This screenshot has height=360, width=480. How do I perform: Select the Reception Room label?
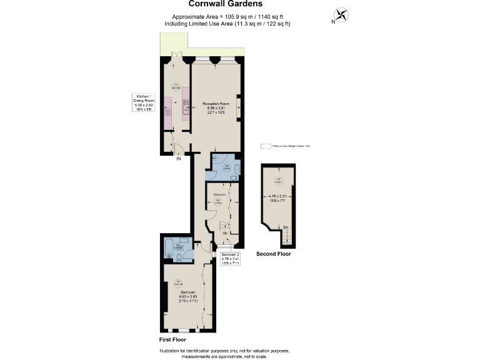coord(216,104)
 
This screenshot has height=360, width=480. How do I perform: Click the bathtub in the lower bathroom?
coord(169,249)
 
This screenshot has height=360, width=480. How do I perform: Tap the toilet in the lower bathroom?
coord(180,256)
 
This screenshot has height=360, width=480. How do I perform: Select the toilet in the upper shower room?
coord(233,177)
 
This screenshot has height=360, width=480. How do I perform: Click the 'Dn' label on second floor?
coord(286,226)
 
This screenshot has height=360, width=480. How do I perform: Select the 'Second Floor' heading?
coord(274,254)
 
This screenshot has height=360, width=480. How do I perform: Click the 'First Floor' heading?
coord(174,340)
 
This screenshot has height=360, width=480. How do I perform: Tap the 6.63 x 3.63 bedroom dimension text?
coord(188,297)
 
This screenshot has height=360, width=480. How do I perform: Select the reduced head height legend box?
coord(266,146)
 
